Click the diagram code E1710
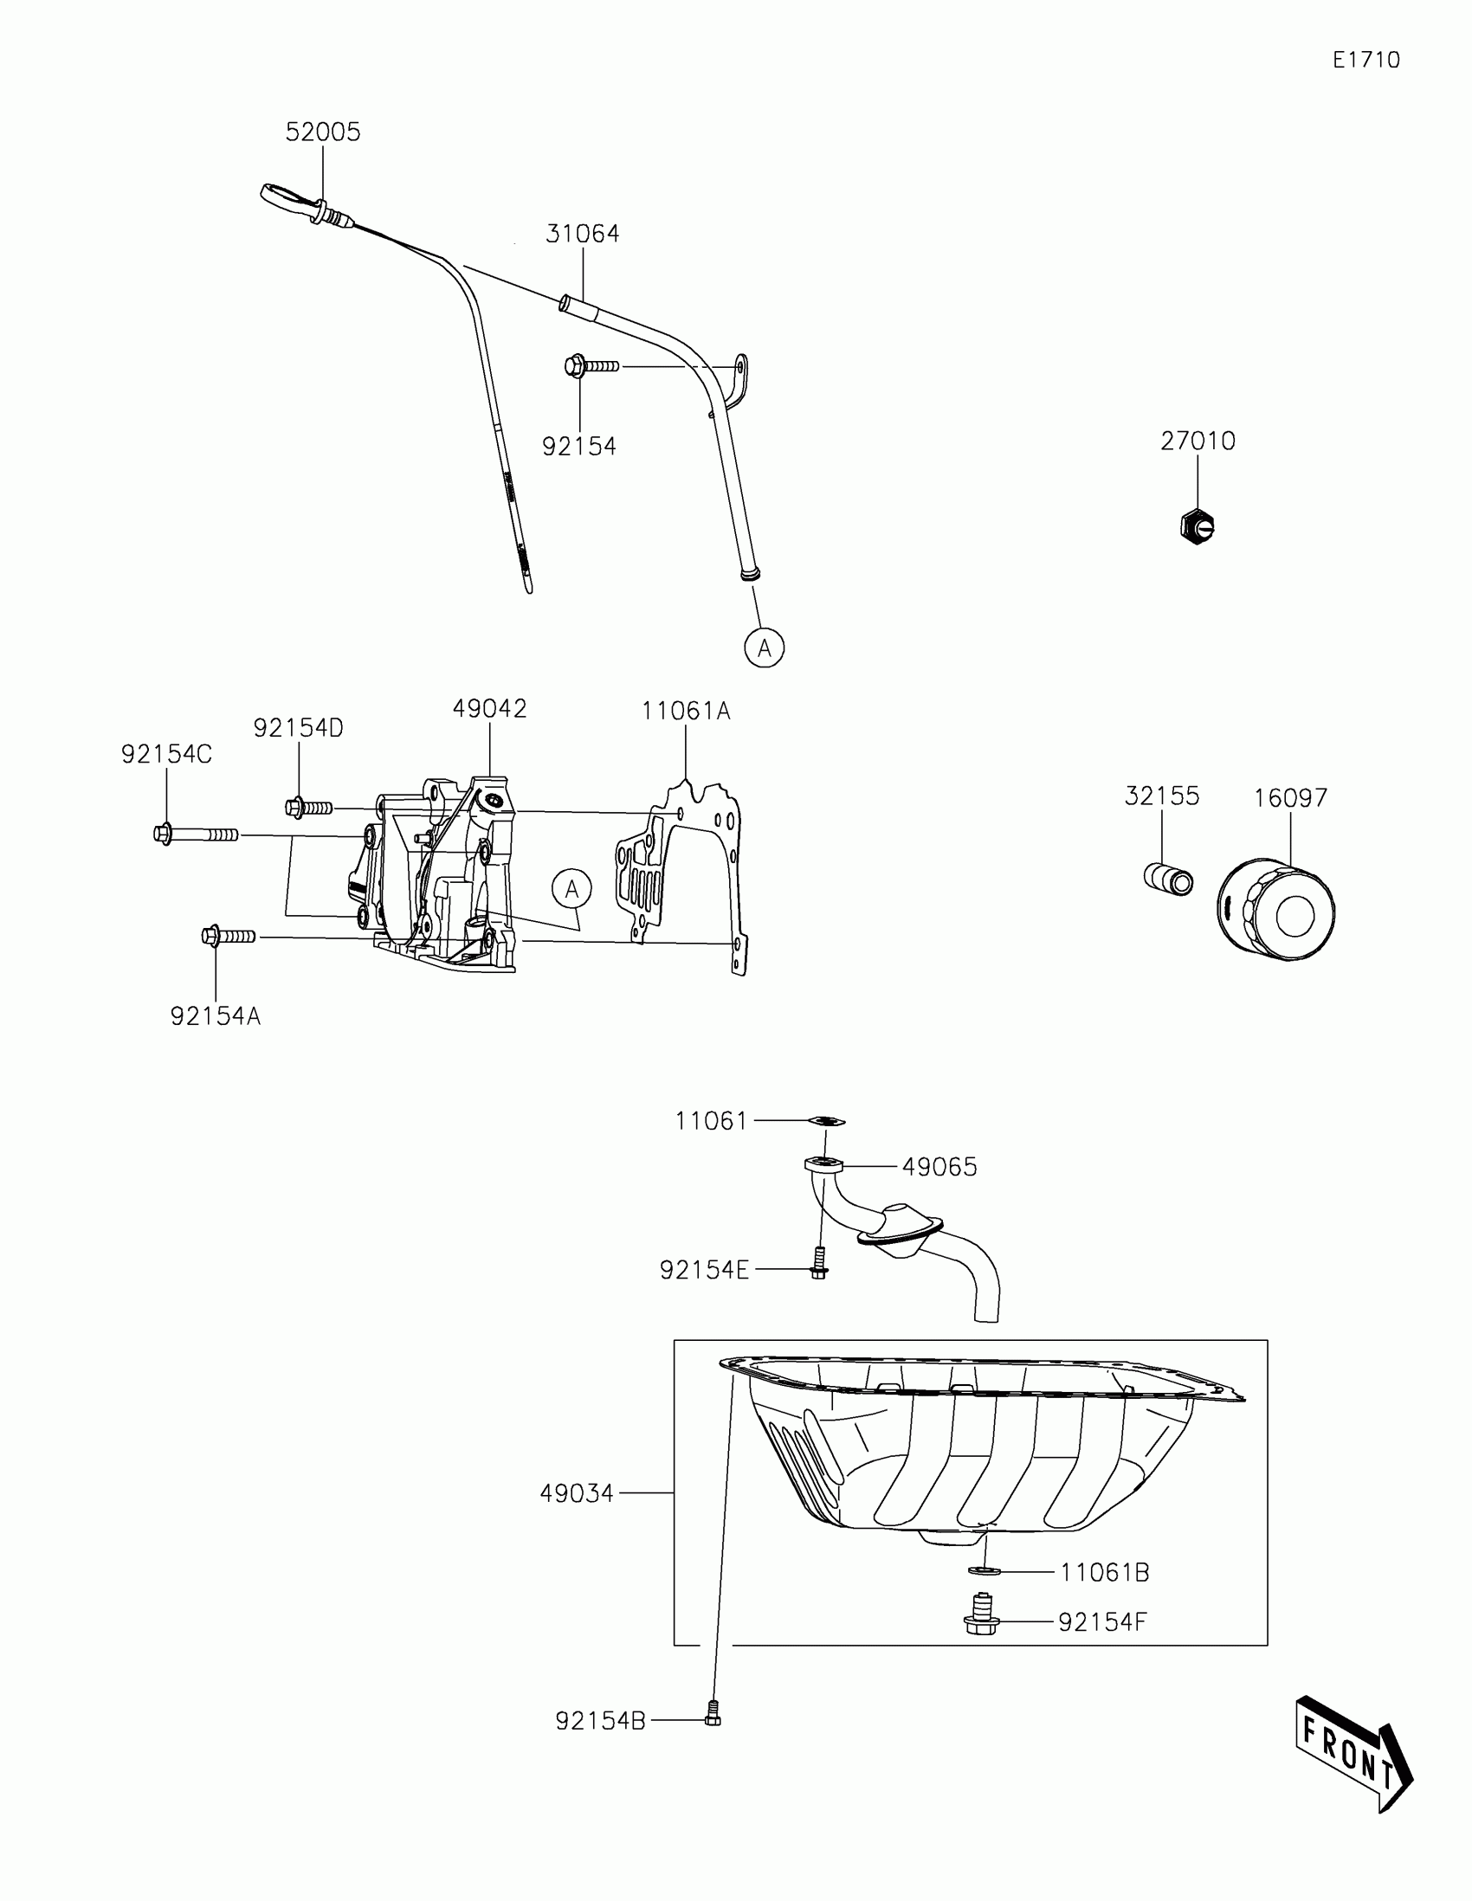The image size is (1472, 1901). pos(1365,60)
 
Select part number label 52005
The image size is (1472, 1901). pos(322,132)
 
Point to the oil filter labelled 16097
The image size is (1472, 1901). pos(1275,911)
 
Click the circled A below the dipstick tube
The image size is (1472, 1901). pos(765,648)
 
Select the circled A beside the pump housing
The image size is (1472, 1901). pos(571,889)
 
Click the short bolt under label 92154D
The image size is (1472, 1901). pos(308,808)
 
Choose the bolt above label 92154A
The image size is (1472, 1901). pos(227,937)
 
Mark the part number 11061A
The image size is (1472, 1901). pos(686,712)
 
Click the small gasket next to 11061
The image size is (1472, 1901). pos(826,1121)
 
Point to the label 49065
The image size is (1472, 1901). pos(939,1167)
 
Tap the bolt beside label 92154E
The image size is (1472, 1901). pos(818,1264)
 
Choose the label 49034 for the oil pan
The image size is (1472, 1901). pos(577,1493)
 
